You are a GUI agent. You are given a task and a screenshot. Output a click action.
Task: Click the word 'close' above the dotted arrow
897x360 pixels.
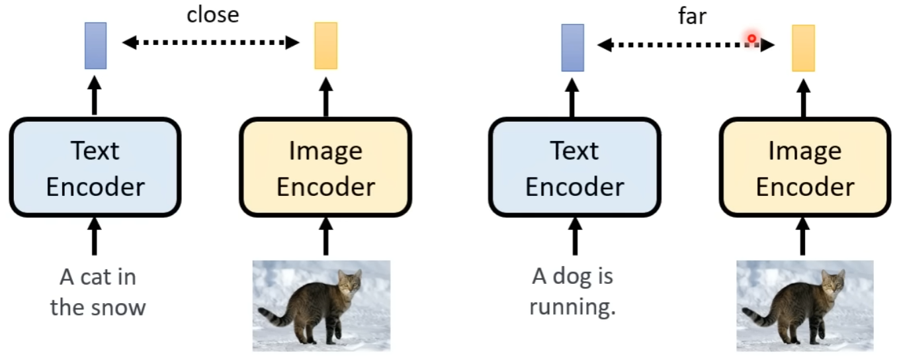(212, 15)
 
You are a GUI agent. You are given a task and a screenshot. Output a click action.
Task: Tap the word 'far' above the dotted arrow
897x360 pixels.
(692, 16)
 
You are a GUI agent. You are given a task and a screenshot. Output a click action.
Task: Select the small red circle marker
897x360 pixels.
(751, 39)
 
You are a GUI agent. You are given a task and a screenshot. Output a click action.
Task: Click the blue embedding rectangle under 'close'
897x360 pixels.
(95, 45)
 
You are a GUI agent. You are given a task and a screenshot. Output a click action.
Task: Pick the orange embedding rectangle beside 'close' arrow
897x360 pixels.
(325, 45)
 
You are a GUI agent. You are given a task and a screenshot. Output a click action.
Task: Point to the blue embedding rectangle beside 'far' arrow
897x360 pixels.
(572, 47)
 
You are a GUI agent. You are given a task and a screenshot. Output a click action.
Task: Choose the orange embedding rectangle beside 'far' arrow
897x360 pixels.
(803, 48)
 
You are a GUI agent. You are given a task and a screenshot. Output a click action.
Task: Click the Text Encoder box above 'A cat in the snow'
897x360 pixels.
(95, 167)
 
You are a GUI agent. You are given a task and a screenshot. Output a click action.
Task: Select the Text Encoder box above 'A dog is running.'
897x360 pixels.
(574, 167)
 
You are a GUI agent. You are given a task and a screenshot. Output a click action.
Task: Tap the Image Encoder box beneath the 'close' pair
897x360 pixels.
(325, 167)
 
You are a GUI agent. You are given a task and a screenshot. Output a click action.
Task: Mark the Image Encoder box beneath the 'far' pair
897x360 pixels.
(804, 167)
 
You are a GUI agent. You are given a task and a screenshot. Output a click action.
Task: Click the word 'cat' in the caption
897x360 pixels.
(99, 277)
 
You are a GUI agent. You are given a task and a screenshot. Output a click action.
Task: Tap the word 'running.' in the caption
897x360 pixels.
(573, 306)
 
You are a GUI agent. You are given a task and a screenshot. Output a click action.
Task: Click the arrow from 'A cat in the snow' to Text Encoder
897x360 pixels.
(94, 239)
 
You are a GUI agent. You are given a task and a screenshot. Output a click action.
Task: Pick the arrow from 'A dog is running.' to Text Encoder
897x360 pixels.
(574, 239)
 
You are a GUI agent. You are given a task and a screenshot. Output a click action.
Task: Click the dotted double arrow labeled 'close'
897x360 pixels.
(211, 43)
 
